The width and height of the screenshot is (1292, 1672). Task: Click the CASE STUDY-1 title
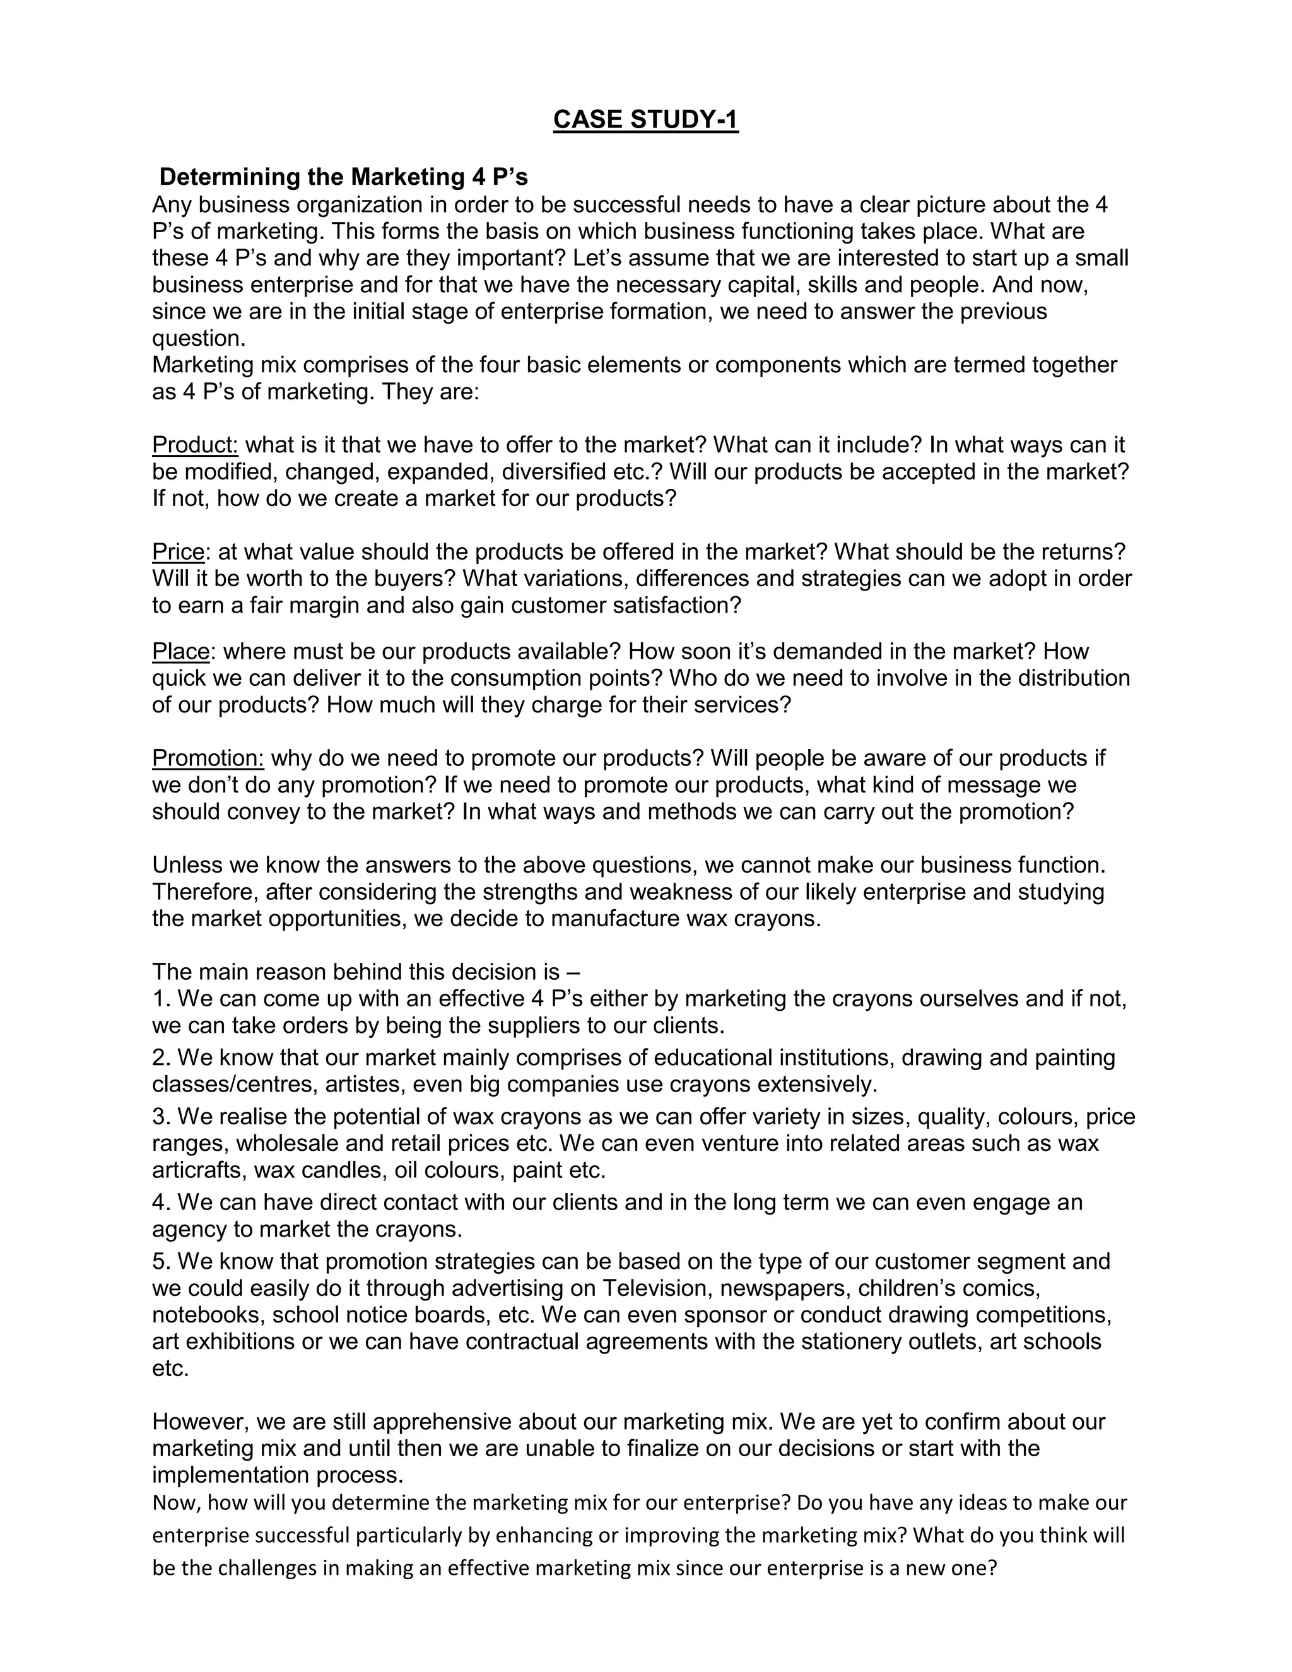coord(645,120)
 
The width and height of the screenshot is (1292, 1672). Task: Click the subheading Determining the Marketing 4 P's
coord(343,177)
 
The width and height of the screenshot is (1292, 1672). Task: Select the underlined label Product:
coord(195,445)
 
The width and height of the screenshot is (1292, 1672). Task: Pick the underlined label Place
coord(180,652)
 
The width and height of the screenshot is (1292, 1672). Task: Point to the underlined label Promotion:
coord(208,758)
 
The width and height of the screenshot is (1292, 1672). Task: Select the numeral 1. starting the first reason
coord(161,998)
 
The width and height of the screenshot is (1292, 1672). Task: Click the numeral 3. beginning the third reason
coord(161,1116)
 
